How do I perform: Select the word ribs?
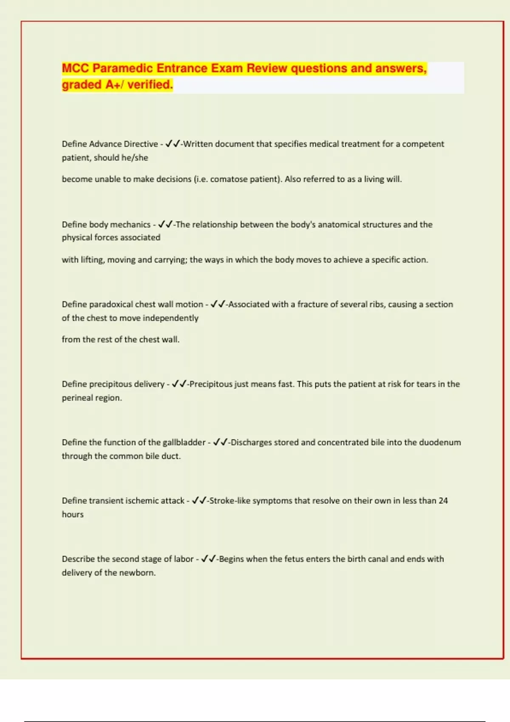tap(377, 305)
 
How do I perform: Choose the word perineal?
tap(75, 398)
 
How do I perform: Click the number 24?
tap(443, 501)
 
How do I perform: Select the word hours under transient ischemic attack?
tap(73, 514)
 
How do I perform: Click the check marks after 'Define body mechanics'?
tap(165, 224)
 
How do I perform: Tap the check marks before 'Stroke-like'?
tap(199, 501)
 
